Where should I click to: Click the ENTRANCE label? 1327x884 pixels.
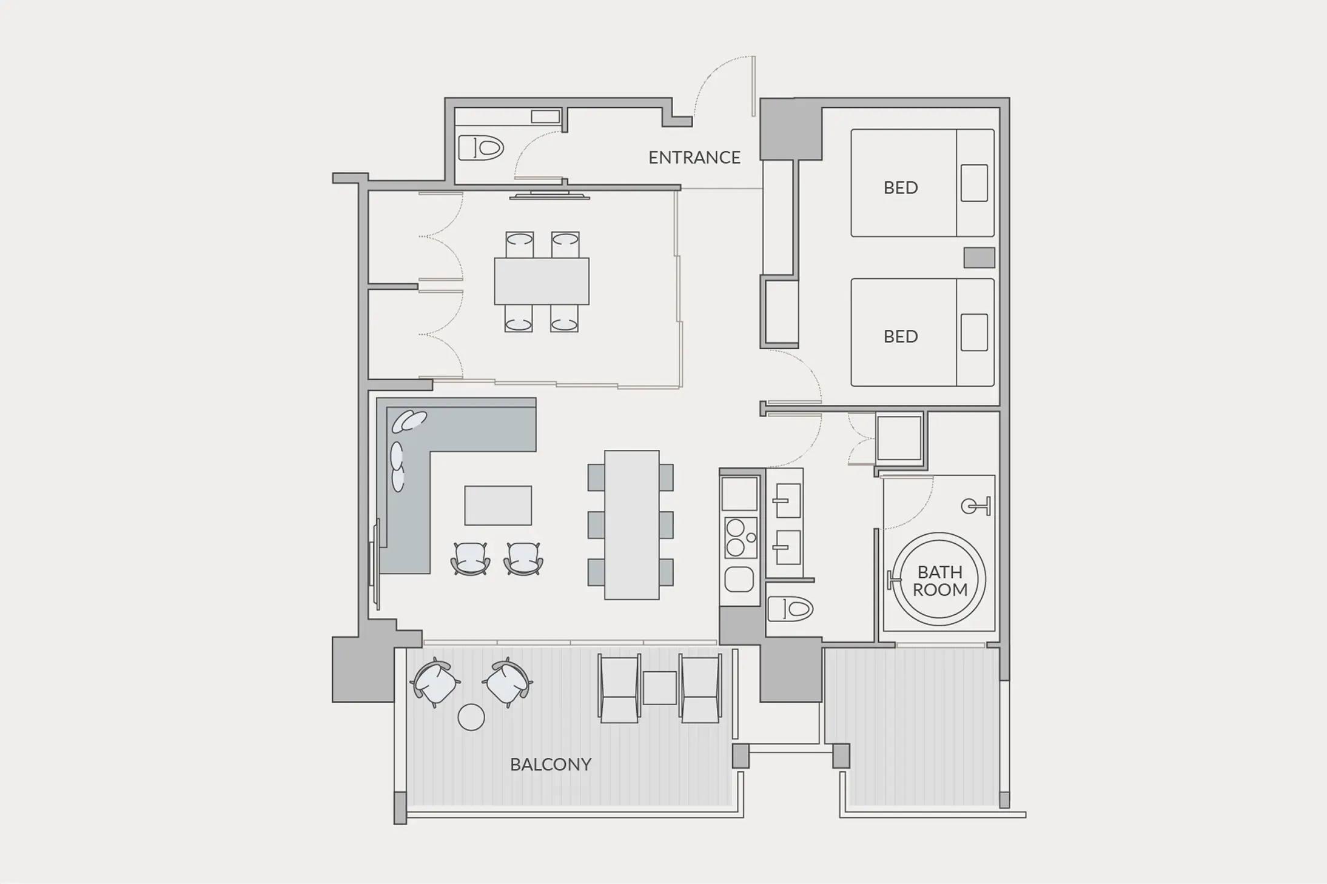click(x=694, y=158)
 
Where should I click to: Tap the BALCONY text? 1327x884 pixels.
click(x=551, y=765)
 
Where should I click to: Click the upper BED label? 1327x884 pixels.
click(x=901, y=188)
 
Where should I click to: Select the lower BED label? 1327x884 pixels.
click(x=901, y=337)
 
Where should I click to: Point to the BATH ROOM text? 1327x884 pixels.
click(x=940, y=581)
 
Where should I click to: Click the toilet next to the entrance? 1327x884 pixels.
click(x=481, y=147)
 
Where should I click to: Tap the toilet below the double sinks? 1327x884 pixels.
click(x=790, y=609)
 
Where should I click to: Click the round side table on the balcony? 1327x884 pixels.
click(x=471, y=718)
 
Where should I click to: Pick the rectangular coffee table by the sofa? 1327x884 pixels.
click(x=498, y=505)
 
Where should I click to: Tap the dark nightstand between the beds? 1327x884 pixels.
click(x=979, y=257)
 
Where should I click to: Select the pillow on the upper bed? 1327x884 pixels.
click(x=974, y=182)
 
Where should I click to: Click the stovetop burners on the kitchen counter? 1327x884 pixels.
click(x=741, y=538)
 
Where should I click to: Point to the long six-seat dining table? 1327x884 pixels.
click(x=631, y=525)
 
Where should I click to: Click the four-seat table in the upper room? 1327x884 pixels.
click(x=542, y=281)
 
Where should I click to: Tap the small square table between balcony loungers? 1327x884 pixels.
click(x=659, y=688)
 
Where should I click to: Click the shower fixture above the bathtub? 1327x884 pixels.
click(x=976, y=506)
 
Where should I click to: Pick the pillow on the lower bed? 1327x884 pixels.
click(x=974, y=332)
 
